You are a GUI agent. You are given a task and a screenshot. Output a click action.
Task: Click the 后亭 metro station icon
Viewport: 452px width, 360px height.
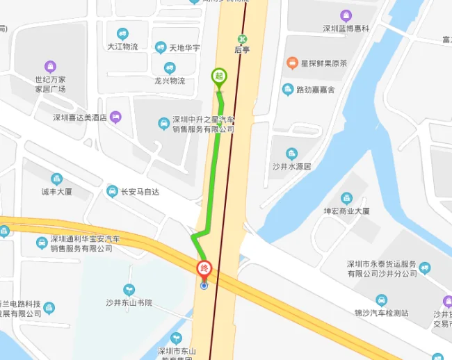(242, 39)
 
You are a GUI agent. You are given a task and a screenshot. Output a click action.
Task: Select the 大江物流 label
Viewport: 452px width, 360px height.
(122, 47)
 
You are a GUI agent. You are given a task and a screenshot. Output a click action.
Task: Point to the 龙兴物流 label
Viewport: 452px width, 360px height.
(170, 81)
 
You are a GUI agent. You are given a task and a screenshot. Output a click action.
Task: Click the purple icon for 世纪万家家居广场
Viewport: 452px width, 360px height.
(50, 67)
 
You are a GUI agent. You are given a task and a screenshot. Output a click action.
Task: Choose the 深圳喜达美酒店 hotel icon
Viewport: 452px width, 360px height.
(115, 117)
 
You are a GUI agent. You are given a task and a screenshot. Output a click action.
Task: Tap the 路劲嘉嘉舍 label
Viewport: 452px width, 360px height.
(315, 90)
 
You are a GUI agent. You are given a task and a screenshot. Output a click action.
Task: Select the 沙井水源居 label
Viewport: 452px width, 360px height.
(291, 167)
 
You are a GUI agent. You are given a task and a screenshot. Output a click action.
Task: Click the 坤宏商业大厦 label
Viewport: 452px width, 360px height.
(346, 211)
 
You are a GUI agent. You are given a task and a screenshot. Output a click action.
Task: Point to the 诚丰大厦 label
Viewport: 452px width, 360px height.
(56, 191)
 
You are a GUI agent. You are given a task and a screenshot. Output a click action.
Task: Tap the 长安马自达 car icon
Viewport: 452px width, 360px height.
(112, 191)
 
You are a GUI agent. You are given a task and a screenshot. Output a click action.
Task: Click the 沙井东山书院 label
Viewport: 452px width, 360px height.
(129, 302)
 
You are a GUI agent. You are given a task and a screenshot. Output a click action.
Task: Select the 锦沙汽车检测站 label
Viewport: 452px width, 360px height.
(381, 313)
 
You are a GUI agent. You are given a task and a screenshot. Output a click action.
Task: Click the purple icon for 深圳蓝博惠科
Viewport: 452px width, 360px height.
(346, 15)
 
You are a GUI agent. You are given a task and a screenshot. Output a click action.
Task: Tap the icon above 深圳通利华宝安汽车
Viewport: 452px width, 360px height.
(42, 242)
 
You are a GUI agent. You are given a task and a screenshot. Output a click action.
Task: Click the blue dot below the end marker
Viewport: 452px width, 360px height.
(204, 286)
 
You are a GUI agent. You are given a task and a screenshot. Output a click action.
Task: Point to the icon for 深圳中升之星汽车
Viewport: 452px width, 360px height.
(163, 124)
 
